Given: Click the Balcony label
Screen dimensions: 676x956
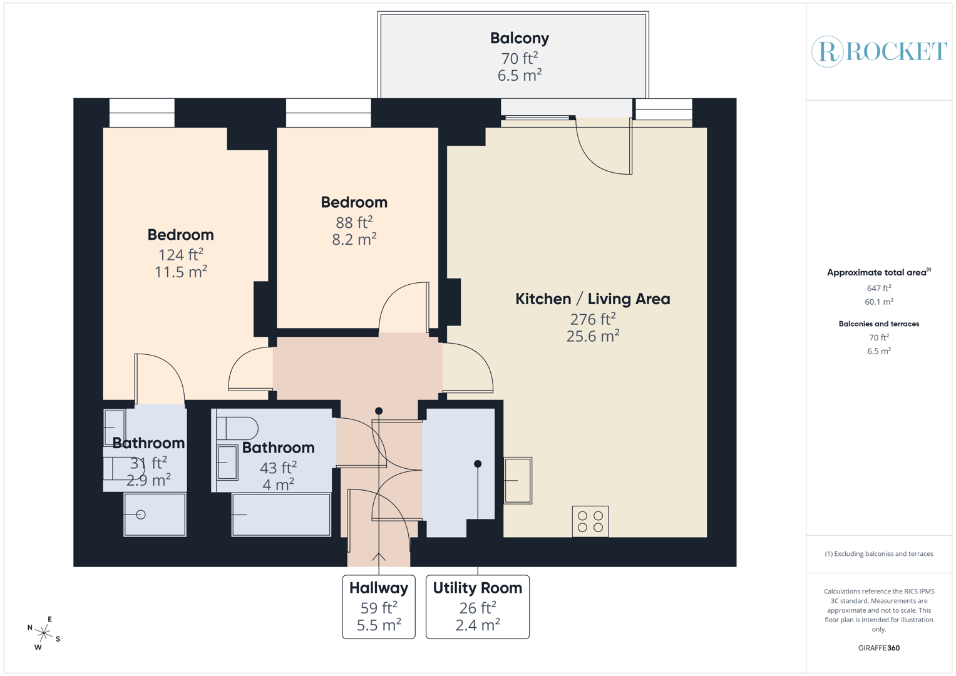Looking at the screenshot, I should [x=519, y=38].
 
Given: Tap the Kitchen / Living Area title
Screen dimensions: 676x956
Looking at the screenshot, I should [x=592, y=299].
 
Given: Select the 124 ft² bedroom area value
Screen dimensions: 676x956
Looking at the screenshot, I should [x=180, y=255].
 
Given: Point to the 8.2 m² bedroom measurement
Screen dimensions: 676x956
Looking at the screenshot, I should [x=354, y=239].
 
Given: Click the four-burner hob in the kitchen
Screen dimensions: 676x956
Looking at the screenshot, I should [x=590, y=521].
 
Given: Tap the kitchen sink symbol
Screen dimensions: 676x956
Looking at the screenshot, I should [x=518, y=481].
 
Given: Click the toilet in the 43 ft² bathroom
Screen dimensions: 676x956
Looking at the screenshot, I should [x=238, y=428].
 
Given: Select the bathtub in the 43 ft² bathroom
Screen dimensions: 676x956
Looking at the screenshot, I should [x=281, y=515].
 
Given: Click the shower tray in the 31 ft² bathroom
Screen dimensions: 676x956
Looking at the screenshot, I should [x=155, y=515].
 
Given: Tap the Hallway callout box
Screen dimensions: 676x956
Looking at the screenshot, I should [x=379, y=607].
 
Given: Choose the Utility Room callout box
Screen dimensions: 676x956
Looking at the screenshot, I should [x=477, y=607].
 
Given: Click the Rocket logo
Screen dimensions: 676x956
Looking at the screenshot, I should [x=879, y=51].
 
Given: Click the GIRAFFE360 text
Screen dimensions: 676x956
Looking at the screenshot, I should [x=878, y=648].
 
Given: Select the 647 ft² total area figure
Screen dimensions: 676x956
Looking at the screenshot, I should [x=878, y=289].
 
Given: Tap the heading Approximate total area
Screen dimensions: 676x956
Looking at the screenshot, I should [x=878, y=272].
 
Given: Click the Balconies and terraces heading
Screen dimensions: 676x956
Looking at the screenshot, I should [x=878, y=324].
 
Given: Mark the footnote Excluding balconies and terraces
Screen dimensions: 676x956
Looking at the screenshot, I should [x=878, y=554].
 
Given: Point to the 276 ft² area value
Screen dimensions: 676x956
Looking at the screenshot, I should [x=592, y=319].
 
